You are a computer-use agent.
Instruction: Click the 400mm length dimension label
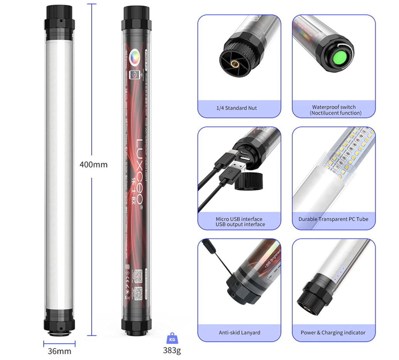click(93, 164)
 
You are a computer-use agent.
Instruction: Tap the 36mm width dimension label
click(59, 351)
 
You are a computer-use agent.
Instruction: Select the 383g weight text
click(172, 350)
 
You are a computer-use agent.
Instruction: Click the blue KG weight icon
click(172, 338)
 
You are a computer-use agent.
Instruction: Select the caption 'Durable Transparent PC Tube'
click(333, 219)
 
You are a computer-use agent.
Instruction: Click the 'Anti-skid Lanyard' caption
click(239, 332)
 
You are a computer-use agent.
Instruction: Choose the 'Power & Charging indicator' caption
click(333, 332)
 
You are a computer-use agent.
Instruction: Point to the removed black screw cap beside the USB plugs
click(249, 181)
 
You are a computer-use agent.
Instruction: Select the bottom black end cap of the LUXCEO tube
click(136, 323)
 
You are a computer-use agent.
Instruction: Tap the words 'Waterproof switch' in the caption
click(334, 107)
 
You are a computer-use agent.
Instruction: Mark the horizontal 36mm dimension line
click(59, 344)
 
